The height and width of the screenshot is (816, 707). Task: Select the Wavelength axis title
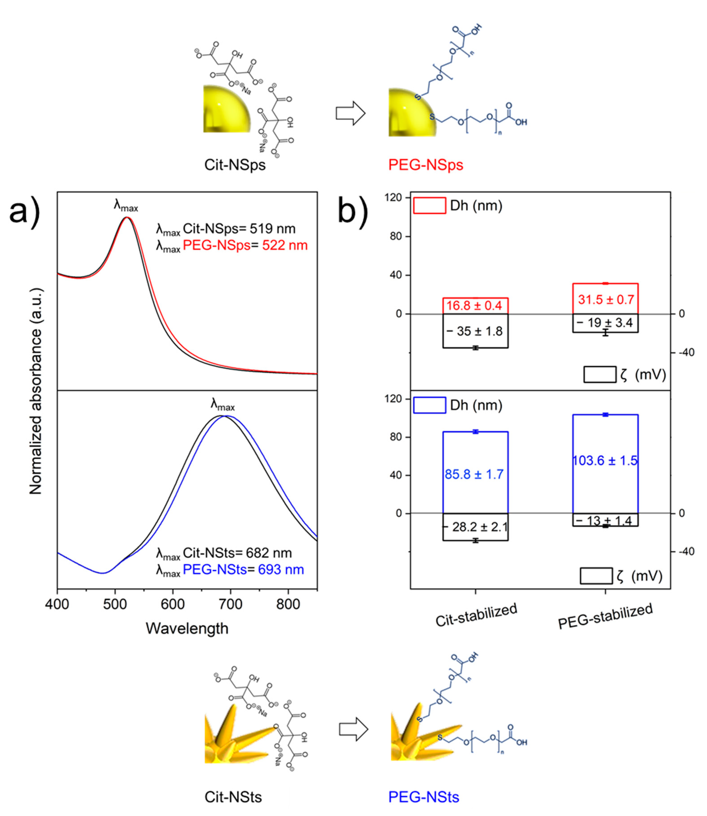pyautogui.click(x=187, y=628)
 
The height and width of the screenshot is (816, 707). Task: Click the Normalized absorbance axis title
pyautogui.click(x=36, y=391)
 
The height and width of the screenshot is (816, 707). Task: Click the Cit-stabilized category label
pyautogui.click(x=476, y=615)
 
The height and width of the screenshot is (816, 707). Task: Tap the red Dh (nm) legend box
pyautogui.click(x=429, y=206)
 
